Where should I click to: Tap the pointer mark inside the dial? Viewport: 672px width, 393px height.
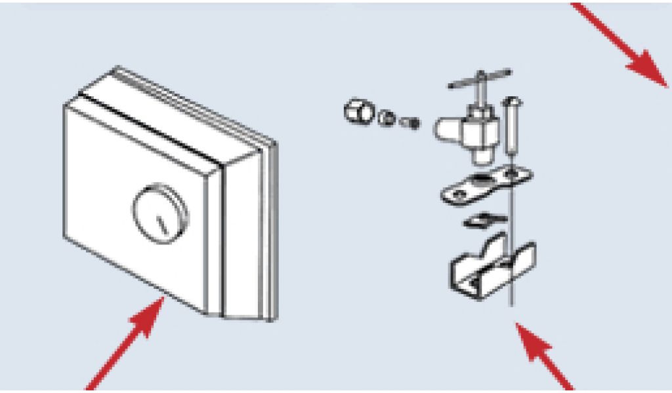click(162, 223)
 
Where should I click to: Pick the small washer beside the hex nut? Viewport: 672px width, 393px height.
click(387, 119)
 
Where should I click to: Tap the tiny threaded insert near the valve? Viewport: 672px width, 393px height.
click(410, 122)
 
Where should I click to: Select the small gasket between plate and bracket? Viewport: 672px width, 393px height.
click(484, 221)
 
